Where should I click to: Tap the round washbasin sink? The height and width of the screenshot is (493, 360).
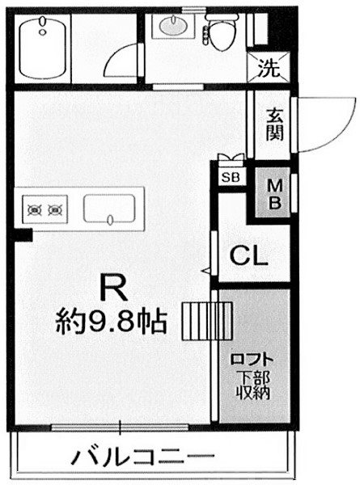172,28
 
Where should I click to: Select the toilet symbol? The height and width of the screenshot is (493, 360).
218,31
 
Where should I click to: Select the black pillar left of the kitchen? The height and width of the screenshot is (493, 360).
23,235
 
